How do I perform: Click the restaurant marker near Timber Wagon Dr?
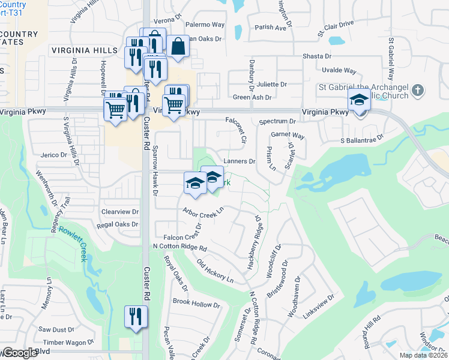[x=136, y=316]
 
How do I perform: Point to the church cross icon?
[x=418, y=92]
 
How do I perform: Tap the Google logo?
[x=20, y=353]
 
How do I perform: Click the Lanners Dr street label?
[x=240, y=161]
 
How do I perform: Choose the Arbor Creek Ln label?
[x=203, y=212]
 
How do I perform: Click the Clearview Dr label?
[x=120, y=212]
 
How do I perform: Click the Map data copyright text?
[x=423, y=355]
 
